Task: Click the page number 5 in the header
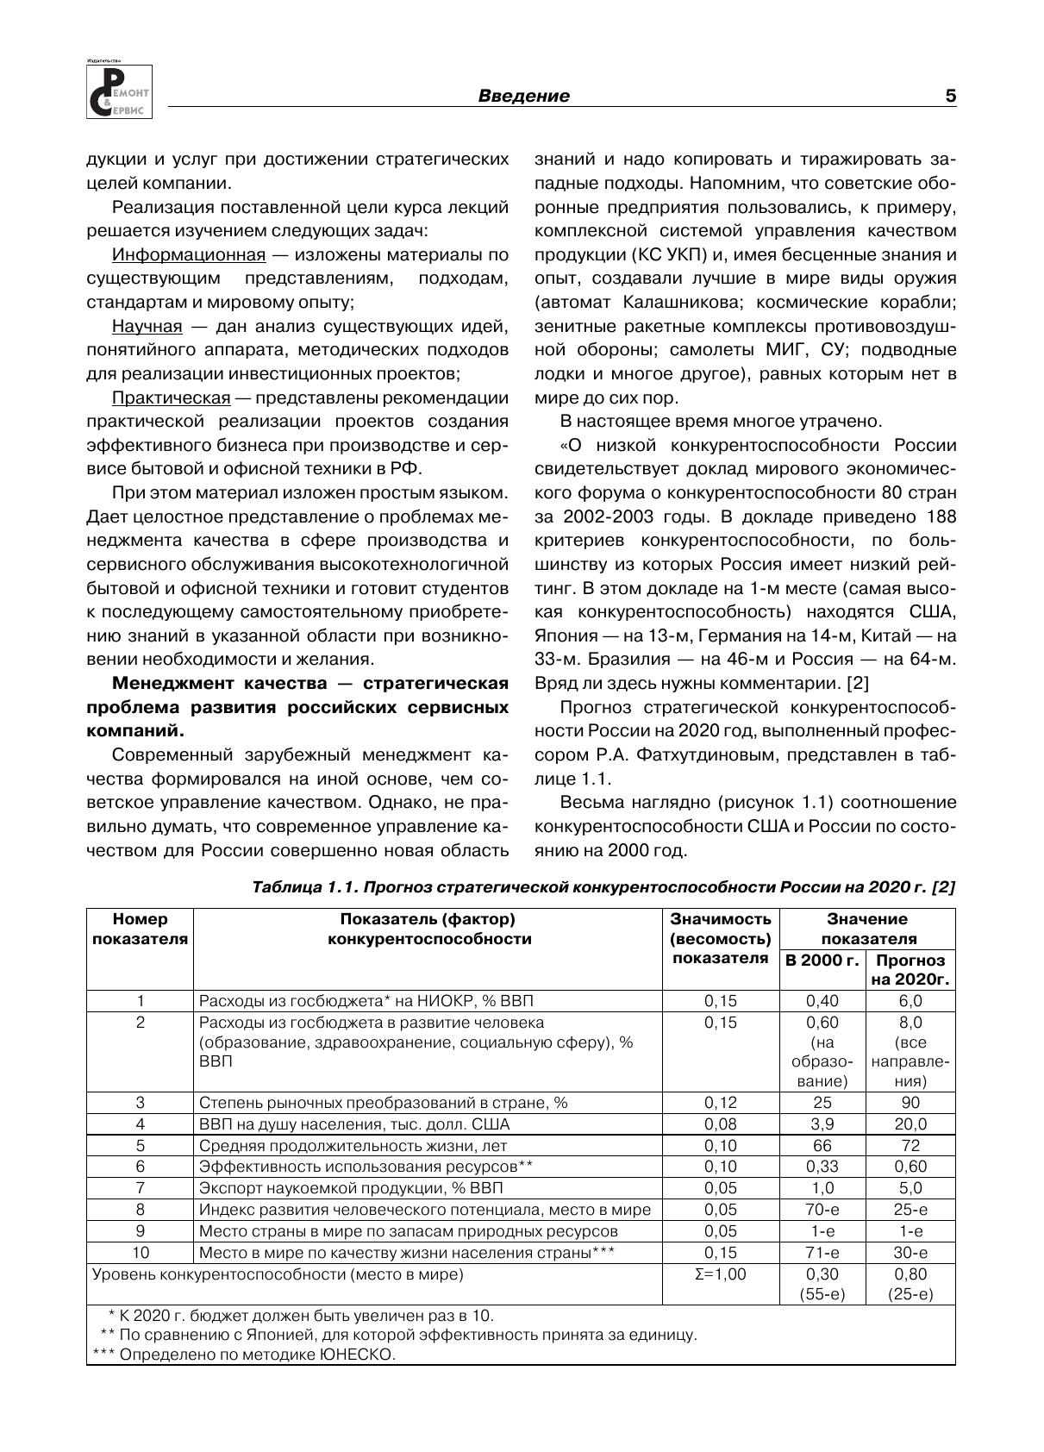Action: click(x=950, y=97)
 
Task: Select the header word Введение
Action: click(x=523, y=97)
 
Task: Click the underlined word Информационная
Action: click(x=189, y=255)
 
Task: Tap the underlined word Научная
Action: click(x=147, y=327)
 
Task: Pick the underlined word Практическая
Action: click(x=171, y=398)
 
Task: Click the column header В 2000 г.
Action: click(x=822, y=961)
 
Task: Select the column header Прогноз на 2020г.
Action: click(x=910, y=970)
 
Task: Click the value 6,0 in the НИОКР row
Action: click(x=910, y=1001)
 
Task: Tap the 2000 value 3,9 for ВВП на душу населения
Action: click(x=822, y=1124)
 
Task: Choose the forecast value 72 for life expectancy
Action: click(x=910, y=1146)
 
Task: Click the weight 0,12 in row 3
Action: click(x=721, y=1103)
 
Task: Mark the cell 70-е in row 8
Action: click(x=822, y=1210)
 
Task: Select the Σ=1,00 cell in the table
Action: click(x=721, y=1274)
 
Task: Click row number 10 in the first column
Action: click(x=141, y=1253)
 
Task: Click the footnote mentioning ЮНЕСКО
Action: click(x=244, y=1355)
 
